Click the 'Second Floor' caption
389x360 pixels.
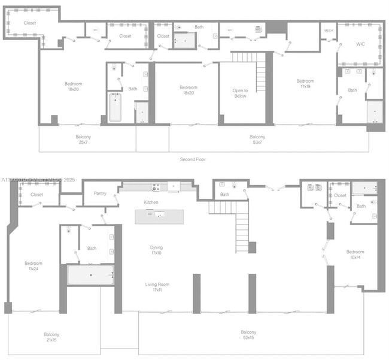tap(193, 159)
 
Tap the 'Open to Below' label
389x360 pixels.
tap(239, 93)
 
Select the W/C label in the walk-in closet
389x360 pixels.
tap(360, 44)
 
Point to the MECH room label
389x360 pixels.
tap(329, 30)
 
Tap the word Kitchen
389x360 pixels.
tap(151, 202)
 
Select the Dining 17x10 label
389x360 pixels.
tap(156, 250)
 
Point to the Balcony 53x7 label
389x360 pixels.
tap(257, 140)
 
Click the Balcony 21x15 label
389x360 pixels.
tap(51, 337)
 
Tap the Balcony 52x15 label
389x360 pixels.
tap(248, 335)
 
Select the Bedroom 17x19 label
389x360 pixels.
tap(305, 83)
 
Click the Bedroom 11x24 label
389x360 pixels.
tap(34, 266)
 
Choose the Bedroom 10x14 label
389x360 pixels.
tap(355, 254)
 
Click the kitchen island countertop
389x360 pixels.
tap(159, 216)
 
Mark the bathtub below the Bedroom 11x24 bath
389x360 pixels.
tap(90, 275)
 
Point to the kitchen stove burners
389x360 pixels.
tap(155, 187)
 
